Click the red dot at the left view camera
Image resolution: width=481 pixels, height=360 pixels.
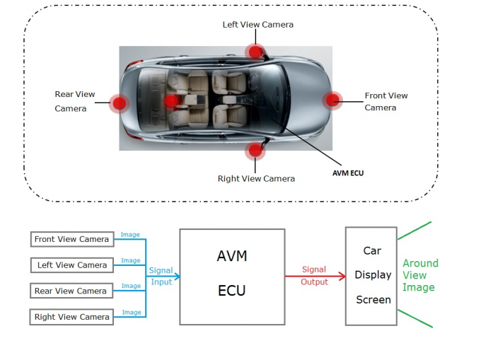pos(253,51)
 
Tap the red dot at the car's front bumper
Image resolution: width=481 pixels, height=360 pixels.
pos(332,100)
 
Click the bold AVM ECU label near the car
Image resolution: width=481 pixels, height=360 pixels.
pos(348,172)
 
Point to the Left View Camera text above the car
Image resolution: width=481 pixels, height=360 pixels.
pos(257,25)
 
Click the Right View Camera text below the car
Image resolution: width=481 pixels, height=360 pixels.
pos(256,178)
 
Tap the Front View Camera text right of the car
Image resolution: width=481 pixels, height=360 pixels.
pos(386,101)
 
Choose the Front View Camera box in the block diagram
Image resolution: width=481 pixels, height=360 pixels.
pos(71,239)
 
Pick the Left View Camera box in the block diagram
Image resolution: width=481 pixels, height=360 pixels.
pos(71,265)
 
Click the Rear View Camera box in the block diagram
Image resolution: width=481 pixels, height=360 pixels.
pos(71,291)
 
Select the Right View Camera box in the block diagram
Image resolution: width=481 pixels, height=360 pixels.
pos(71,317)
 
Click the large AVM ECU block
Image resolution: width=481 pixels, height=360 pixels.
pos(232,277)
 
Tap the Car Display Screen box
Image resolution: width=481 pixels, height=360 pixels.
pos(373,276)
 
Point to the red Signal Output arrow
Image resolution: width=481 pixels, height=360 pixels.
pos(314,276)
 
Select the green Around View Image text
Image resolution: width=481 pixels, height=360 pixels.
pos(420,275)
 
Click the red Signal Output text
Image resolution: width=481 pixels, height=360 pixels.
pos(314,276)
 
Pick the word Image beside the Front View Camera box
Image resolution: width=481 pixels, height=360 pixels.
pos(130,235)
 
